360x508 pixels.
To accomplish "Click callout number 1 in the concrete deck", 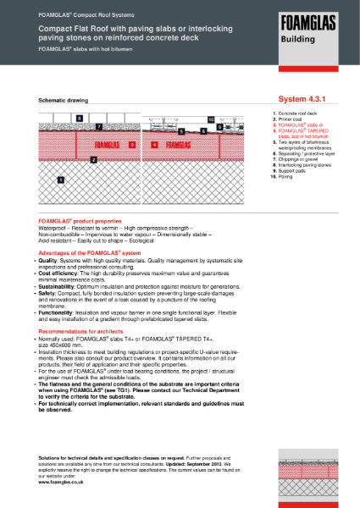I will click(60, 179).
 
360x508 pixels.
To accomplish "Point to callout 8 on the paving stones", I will click(79, 118).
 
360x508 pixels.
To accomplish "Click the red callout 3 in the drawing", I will click(132, 146).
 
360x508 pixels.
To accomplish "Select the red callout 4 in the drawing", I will click(154, 146).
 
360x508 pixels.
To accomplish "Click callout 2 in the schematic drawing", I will click(93, 159).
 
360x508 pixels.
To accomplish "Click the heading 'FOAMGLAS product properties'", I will click(80, 219).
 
